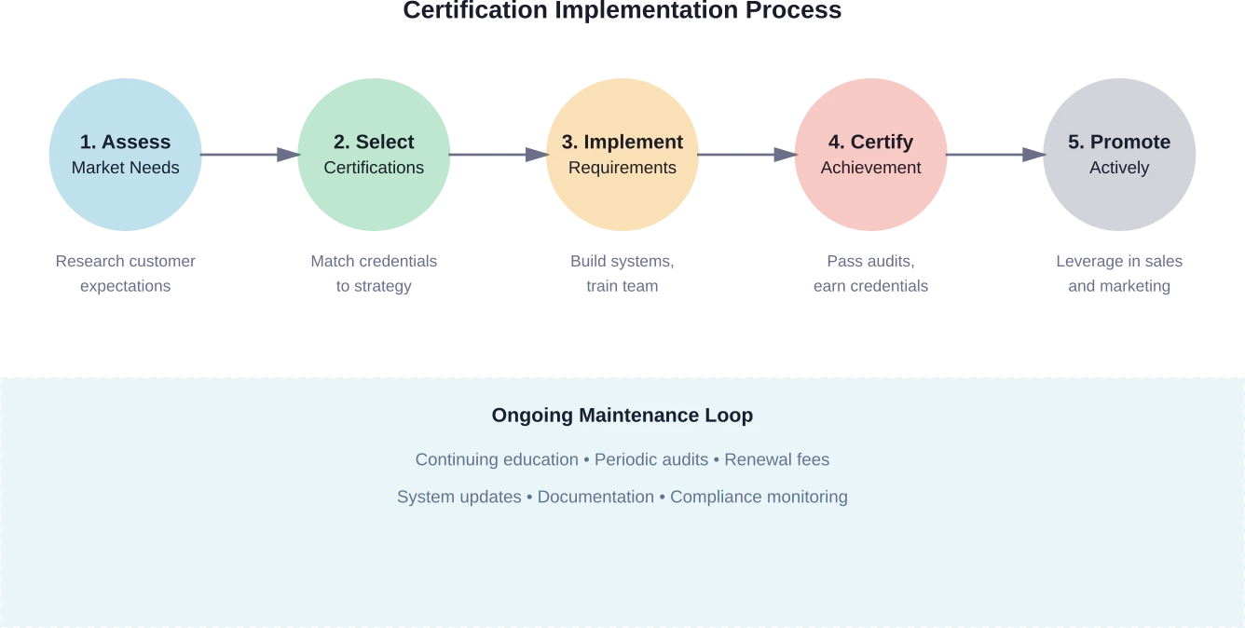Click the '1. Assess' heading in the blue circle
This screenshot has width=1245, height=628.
(x=125, y=142)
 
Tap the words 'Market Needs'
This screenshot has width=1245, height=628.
(x=125, y=168)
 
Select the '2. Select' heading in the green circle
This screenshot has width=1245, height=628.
(x=374, y=142)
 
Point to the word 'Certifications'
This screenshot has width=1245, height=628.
(x=374, y=168)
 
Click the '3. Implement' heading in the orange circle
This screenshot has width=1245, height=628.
(x=622, y=142)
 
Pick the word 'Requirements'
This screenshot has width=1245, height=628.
(x=622, y=168)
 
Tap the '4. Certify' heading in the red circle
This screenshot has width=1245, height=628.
(x=870, y=142)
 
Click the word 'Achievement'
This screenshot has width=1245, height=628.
(x=870, y=168)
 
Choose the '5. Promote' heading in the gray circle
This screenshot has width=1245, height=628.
(x=1118, y=142)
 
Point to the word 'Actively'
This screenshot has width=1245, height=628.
(x=1118, y=168)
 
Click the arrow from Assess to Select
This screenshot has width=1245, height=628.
(x=249, y=154)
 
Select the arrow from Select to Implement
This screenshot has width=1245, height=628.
(x=498, y=154)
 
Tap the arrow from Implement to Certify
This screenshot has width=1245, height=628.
(x=746, y=154)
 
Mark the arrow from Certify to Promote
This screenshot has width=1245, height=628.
(x=994, y=154)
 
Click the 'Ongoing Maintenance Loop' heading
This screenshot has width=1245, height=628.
(x=622, y=416)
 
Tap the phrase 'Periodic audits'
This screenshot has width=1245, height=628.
(x=651, y=459)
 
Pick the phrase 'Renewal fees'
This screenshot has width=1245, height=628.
(x=776, y=459)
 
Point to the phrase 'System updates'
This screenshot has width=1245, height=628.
(x=458, y=497)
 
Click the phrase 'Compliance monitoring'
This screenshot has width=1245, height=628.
(x=759, y=497)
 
